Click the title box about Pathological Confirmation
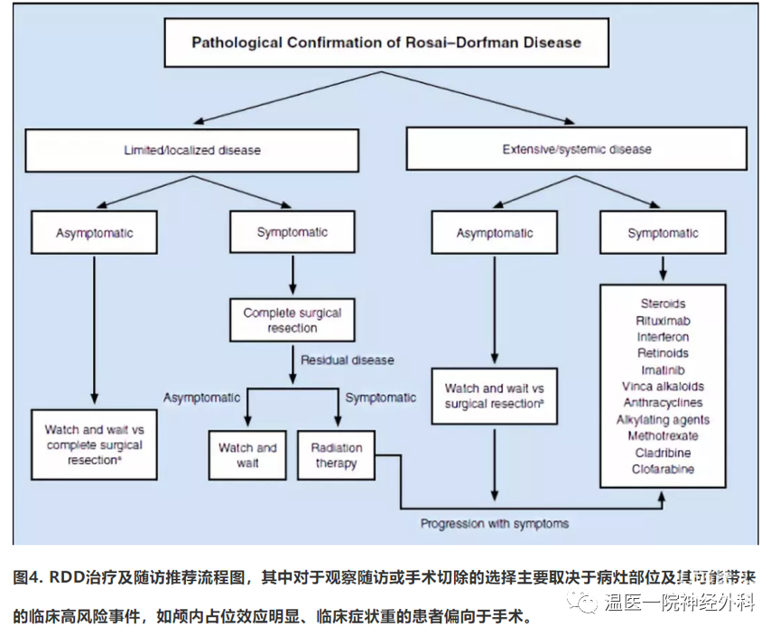[x=385, y=42]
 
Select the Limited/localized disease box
[x=191, y=149]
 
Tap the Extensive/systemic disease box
[x=576, y=149]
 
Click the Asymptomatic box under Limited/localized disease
[x=94, y=233]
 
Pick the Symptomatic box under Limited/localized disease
[x=292, y=232]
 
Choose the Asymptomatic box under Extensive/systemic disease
[x=494, y=233]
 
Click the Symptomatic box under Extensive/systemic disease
[x=663, y=233]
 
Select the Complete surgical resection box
[x=292, y=320]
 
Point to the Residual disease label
[x=347, y=360]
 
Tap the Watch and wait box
[x=247, y=455]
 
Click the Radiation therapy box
[x=336, y=455]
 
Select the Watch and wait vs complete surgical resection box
[x=94, y=445]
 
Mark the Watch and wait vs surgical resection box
[x=494, y=396]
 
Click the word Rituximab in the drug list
[x=663, y=320]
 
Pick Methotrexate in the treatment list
[x=663, y=436]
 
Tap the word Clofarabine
[x=663, y=469]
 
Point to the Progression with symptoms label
[x=494, y=523]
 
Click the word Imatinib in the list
[x=663, y=369]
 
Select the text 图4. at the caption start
[x=28, y=576]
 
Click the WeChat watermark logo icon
[x=588, y=603]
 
